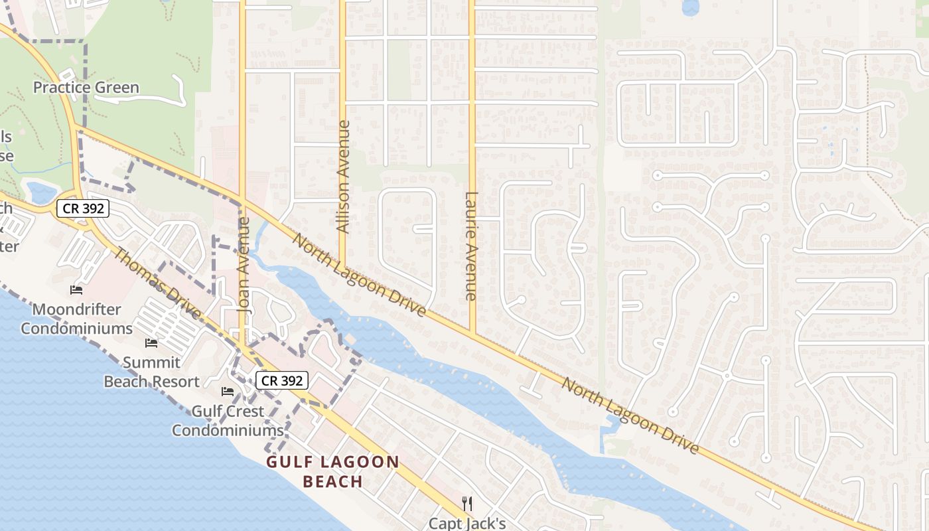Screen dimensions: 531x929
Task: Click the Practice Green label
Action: (86, 88)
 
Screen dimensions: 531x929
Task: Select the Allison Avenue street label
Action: (343, 177)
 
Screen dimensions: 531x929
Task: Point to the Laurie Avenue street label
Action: (471, 246)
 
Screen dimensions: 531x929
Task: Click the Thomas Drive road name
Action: (157, 283)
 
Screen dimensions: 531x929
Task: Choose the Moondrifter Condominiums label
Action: (77, 319)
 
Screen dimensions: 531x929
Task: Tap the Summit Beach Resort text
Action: (151, 372)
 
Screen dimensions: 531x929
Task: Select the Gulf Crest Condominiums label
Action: (228, 421)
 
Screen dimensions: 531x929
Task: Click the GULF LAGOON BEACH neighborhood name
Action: (333, 471)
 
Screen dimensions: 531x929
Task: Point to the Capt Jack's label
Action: (467, 523)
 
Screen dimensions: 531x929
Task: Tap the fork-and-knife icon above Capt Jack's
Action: (467, 503)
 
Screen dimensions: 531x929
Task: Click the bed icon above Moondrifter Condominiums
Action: (76, 290)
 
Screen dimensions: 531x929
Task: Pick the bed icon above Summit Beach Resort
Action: (151, 343)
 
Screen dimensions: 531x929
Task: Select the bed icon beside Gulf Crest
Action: (228, 392)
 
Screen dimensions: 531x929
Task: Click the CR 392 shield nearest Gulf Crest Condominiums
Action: (282, 380)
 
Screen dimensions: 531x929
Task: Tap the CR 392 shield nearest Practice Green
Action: (82, 208)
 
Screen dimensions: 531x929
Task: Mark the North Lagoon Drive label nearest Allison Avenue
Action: (359, 275)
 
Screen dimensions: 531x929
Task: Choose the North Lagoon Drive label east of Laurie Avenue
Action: (630, 416)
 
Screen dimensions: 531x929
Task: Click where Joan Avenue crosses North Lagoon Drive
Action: (242, 202)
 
